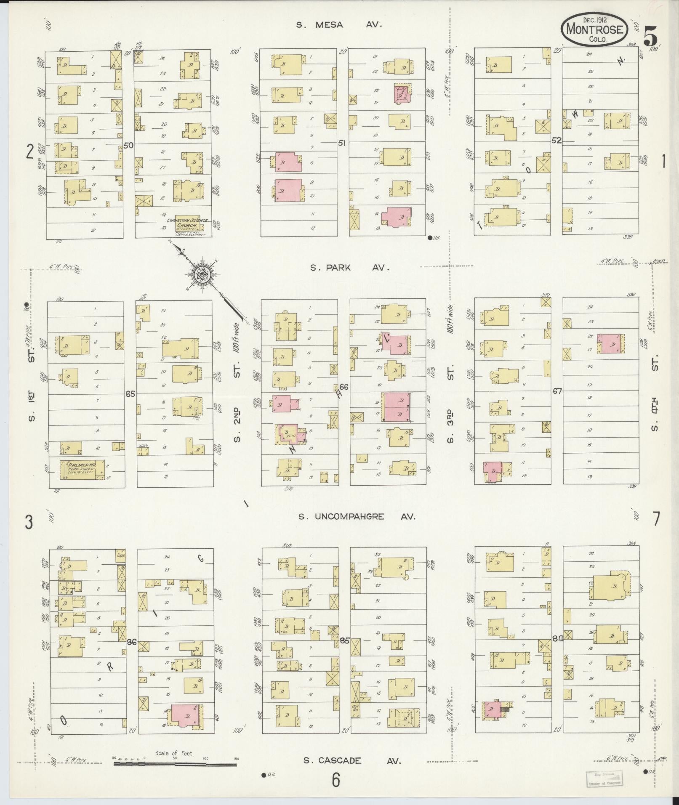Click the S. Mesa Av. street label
(339, 25)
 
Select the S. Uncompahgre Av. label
(357, 516)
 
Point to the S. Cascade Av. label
(351, 760)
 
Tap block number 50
(128, 146)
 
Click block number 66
(343, 387)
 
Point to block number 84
(558, 650)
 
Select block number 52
(557, 141)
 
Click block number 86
(132, 654)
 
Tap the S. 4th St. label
(654, 395)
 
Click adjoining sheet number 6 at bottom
(336, 780)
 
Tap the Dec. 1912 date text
(594, 19)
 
